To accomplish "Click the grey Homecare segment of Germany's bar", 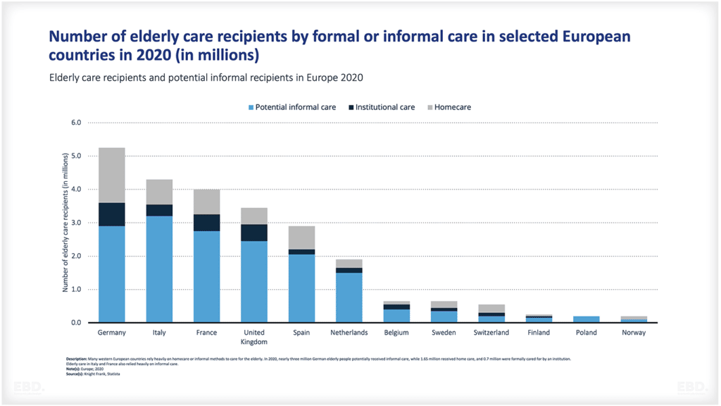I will (x=111, y=175).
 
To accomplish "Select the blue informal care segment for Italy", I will (x=159, y=269).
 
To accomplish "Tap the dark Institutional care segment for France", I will (x=206, y=223).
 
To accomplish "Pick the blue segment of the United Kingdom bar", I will (x=254, y=281).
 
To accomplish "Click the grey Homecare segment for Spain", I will (x=301, y=238).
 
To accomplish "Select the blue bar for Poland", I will (x=586, y=319).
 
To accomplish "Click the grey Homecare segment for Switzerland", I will (x=491, y=309).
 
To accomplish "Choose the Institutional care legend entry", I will (x=381, y=107).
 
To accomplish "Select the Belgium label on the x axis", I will (x=396, y=333).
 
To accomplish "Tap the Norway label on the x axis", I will (x=634, y=333).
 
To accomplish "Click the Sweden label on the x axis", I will (x=444, y=333).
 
